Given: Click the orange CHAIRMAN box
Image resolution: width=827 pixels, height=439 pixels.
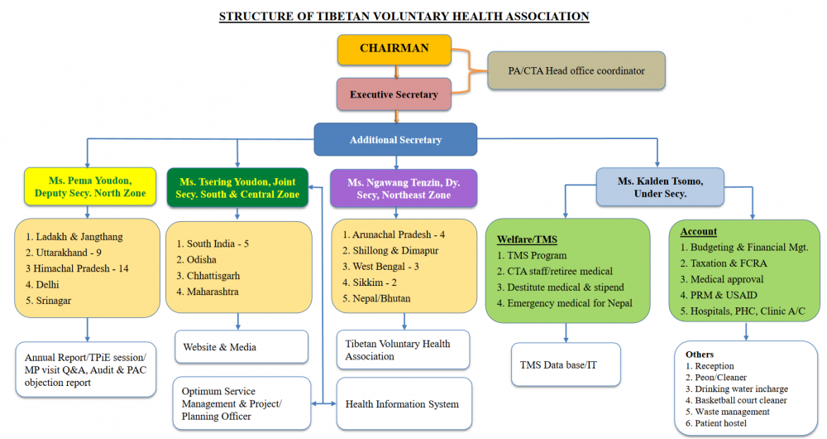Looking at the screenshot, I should coord(394,49).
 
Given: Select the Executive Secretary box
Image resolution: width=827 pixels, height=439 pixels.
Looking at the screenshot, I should coord(394,94).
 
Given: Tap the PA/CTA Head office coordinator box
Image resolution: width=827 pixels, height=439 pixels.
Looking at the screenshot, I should coord(576,70).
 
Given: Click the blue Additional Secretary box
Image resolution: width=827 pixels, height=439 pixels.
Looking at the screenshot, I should coord(395,140).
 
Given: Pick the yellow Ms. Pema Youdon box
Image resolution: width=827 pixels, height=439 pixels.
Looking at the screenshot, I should coord(90,186).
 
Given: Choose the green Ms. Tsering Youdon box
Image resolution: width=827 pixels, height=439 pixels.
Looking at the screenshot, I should coord(237,186).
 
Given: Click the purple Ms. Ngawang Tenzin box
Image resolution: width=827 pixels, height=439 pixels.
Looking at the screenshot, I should coord(404,187).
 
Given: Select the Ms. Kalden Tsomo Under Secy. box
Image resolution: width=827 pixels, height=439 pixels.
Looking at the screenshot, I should coord(659,187).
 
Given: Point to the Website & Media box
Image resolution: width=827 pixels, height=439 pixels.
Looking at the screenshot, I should coord(241,347).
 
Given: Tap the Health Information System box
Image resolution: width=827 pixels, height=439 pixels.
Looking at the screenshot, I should coord(404,403).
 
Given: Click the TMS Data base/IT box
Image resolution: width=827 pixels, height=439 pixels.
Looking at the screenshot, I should coord(566,364).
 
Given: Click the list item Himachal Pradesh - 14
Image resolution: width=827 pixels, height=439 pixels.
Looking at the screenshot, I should coord(77,268).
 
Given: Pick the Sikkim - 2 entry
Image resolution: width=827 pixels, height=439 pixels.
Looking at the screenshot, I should coord(375,282).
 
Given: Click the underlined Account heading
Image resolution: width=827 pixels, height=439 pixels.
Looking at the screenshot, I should coord(698,231).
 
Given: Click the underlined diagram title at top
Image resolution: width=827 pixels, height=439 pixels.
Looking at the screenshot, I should coord(404,17).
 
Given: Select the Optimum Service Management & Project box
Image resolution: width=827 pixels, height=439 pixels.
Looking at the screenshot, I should coord(241,403).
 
